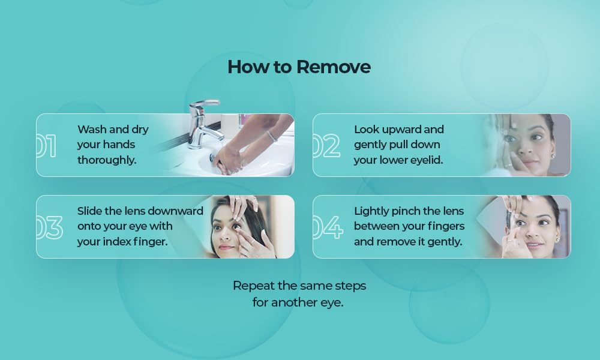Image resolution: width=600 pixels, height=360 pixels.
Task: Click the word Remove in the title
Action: coord(333,67)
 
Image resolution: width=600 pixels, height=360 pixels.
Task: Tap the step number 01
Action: coord(46,146)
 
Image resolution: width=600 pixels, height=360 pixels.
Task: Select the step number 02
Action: coord(326,146)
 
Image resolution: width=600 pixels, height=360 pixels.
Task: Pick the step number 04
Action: coord(328,227)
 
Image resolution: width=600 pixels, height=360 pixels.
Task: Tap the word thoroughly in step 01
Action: coord(107,160)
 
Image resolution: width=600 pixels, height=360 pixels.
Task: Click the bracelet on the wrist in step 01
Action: coord(272,136)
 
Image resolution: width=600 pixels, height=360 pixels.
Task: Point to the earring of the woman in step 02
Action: coord(552,156)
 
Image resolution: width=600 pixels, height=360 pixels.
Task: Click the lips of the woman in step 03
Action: coord(227,247)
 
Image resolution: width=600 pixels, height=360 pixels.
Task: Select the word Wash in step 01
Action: coord(92,130)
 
